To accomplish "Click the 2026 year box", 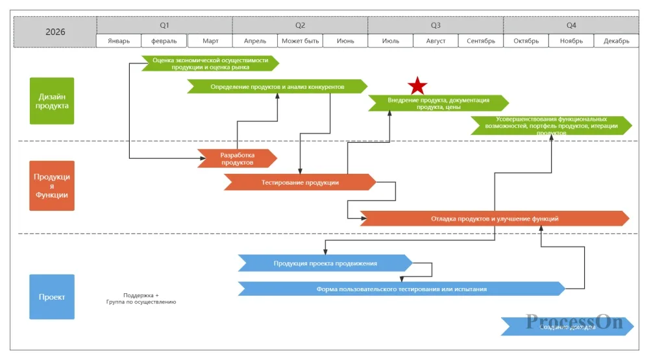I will [55, 32].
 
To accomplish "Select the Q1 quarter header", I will [164, 25].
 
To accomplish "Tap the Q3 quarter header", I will [435, 25].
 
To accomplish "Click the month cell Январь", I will [119, 41].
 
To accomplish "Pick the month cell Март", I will [210, 41].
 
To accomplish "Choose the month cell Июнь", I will [345, 41].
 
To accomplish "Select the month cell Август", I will [435, 41].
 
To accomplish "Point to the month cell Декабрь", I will [616, 41].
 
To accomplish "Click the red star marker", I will [417, 86].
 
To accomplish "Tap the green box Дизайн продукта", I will [52, 101].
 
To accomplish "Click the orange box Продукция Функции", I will [52, 186].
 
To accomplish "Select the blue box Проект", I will [52, 296].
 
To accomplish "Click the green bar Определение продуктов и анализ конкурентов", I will [277, 86].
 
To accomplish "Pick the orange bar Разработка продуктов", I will [238, 158].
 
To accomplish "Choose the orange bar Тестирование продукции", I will [300, 182].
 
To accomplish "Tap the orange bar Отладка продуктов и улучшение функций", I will [495, 219].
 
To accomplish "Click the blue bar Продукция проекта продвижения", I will [325, 263].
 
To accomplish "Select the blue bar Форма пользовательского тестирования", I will [401, 289].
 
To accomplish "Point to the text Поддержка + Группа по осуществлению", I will [141, 298].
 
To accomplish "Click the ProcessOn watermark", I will [574, 322].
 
